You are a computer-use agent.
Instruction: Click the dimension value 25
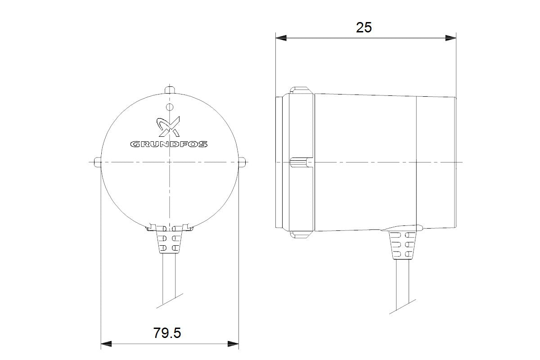click(x=364, y=27)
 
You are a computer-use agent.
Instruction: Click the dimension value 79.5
click(x=167, y=333)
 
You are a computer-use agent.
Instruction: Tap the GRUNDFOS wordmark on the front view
click(x=169, y=144)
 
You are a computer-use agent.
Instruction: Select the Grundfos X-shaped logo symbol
click(x=168, y=126)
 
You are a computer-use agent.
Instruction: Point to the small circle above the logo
click(x=170, y=107)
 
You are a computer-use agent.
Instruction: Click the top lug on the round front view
click(x=170, y=90)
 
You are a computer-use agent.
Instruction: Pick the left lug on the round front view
click(x=98, y=162)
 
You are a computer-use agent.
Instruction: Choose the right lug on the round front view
click(x=242, y=162)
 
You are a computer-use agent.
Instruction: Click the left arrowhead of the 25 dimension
click(x=281, y=38)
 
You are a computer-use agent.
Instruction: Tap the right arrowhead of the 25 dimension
click(x=450, y=38)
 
